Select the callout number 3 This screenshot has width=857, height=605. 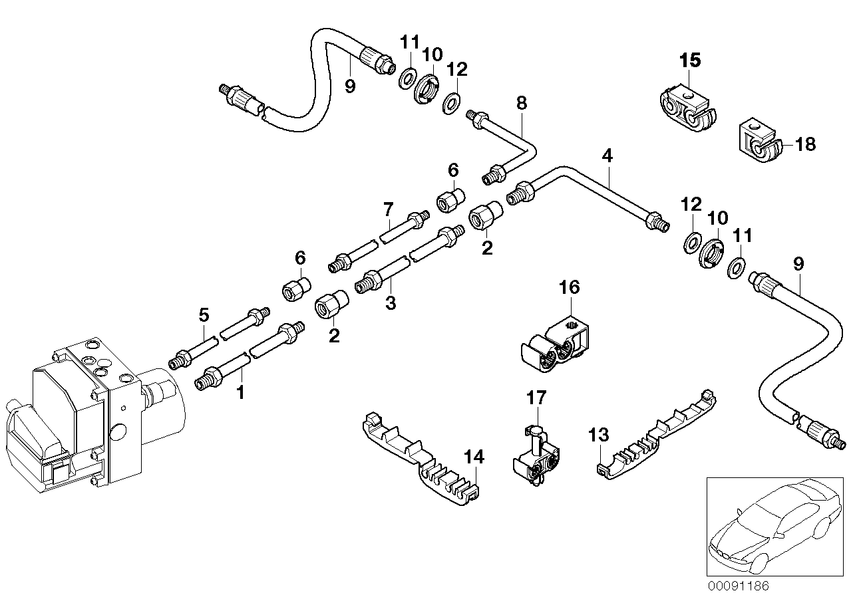391,303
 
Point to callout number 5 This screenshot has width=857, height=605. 204,314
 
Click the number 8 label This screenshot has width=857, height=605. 521,102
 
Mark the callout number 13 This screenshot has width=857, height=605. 599,435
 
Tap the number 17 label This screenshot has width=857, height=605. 536,398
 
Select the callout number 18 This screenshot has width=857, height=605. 804,144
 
